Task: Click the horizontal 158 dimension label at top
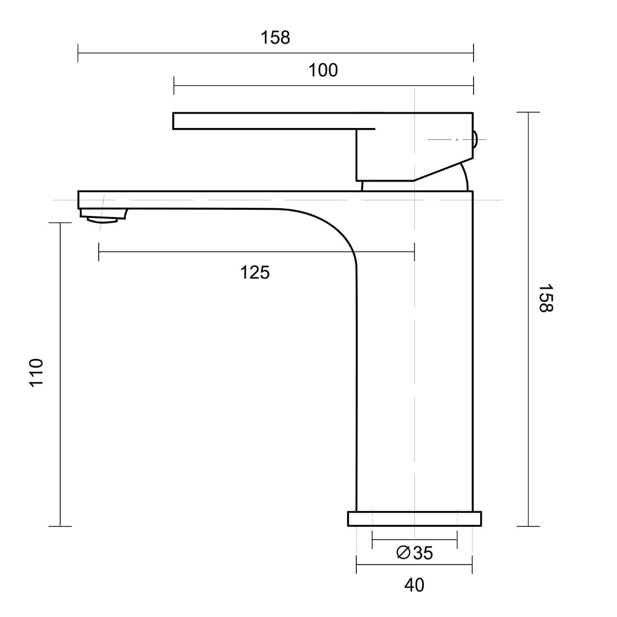[275, 38]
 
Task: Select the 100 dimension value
[323, 70]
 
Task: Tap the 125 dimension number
[255, 273]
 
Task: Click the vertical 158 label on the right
[545, 298]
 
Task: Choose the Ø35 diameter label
[415, 553]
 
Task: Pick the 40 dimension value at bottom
[414, 585]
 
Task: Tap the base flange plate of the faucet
[414, 519]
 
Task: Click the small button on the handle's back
[475, 139]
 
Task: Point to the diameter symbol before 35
[403, 553]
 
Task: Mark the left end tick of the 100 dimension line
[174, 85]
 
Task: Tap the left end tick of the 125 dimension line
[99, 251]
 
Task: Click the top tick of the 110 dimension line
[60, 223]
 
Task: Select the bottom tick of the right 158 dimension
[528, 526]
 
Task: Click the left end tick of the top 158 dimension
[78, 53]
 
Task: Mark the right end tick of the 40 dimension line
[472, 564]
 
